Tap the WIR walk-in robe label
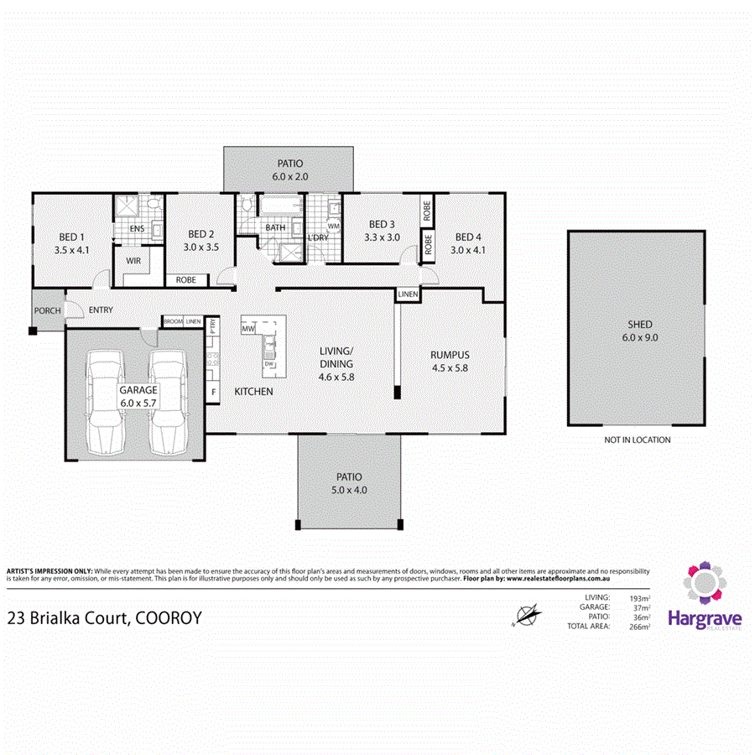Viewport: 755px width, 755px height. point(133,262)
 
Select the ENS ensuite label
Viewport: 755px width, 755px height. point(138,229)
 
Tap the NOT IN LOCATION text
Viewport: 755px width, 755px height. point(638,440)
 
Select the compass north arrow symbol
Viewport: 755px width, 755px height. point(526,617)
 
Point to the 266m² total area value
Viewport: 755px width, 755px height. point(638,626)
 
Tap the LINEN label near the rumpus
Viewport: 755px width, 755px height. point(408,294)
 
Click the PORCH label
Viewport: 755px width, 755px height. point(47,311)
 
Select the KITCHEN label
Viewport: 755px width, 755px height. point(253,392)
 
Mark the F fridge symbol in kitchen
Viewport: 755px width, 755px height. point(214,392)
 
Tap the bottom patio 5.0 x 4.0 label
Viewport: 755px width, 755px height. point(351,484)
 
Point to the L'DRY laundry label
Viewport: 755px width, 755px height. point(319,238)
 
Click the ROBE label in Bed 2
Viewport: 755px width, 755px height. point(186,279)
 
